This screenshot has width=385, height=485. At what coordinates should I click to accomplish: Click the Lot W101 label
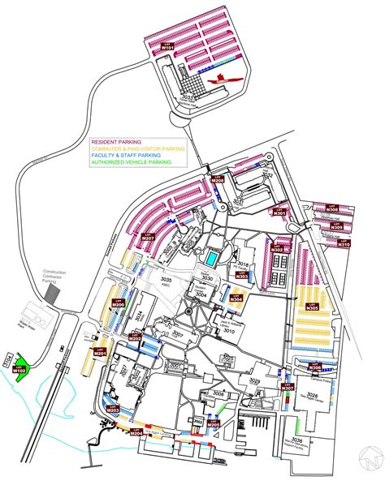click(x=168, y=48)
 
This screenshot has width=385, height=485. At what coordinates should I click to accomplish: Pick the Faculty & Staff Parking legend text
click(x=131, y=156)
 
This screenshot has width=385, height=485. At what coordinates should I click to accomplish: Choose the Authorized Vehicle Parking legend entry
click(x=132, y=162)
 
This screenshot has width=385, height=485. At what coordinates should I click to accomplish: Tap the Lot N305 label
click(x=312, y=307)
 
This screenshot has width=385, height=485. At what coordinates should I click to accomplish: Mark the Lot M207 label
click(x=149, y=236)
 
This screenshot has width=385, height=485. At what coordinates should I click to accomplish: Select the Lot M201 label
click(x=101, y=354)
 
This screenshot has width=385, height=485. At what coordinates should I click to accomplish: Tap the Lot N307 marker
click(x=287, y=387)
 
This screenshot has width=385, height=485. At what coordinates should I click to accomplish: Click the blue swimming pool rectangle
click(x=210, y=257)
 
